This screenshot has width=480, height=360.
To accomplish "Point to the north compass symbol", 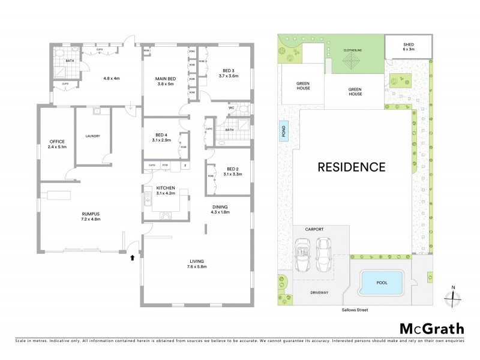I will click(x=453, y=297).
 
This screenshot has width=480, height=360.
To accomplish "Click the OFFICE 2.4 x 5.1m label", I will click(x=58, y=144).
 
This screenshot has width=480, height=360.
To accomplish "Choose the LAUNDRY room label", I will click(x=92, y=136).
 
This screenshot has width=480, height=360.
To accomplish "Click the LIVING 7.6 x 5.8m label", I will click(x=196, y=264).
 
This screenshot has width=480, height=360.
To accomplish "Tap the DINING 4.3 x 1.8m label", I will click(x=219, y=209).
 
